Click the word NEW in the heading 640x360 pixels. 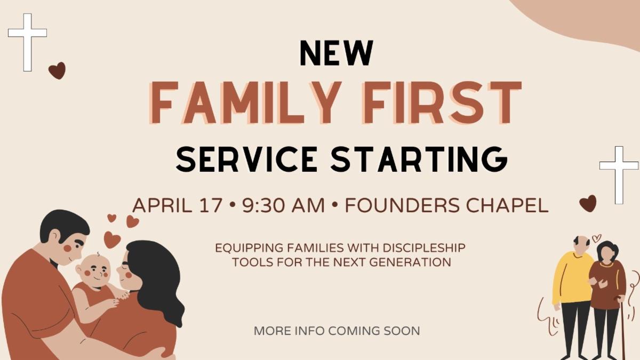point(337,53)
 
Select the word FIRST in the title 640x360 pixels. point(442,103)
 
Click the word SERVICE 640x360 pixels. point(246,159)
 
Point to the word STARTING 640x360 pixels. point(419,159)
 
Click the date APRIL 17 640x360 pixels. point(177,205)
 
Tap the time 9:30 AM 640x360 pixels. point(283,205)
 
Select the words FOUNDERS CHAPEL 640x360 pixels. point(447,205)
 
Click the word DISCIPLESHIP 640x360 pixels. point(423,247)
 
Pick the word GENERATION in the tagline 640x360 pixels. point(410,262)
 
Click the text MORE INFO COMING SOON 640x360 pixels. point(337,331)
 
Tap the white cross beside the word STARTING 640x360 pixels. point(619,175)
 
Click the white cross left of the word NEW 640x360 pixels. point(27,42)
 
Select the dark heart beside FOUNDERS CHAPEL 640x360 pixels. point(588,203)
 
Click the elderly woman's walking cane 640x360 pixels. point(621,329)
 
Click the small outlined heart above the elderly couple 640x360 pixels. point(596,238)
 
